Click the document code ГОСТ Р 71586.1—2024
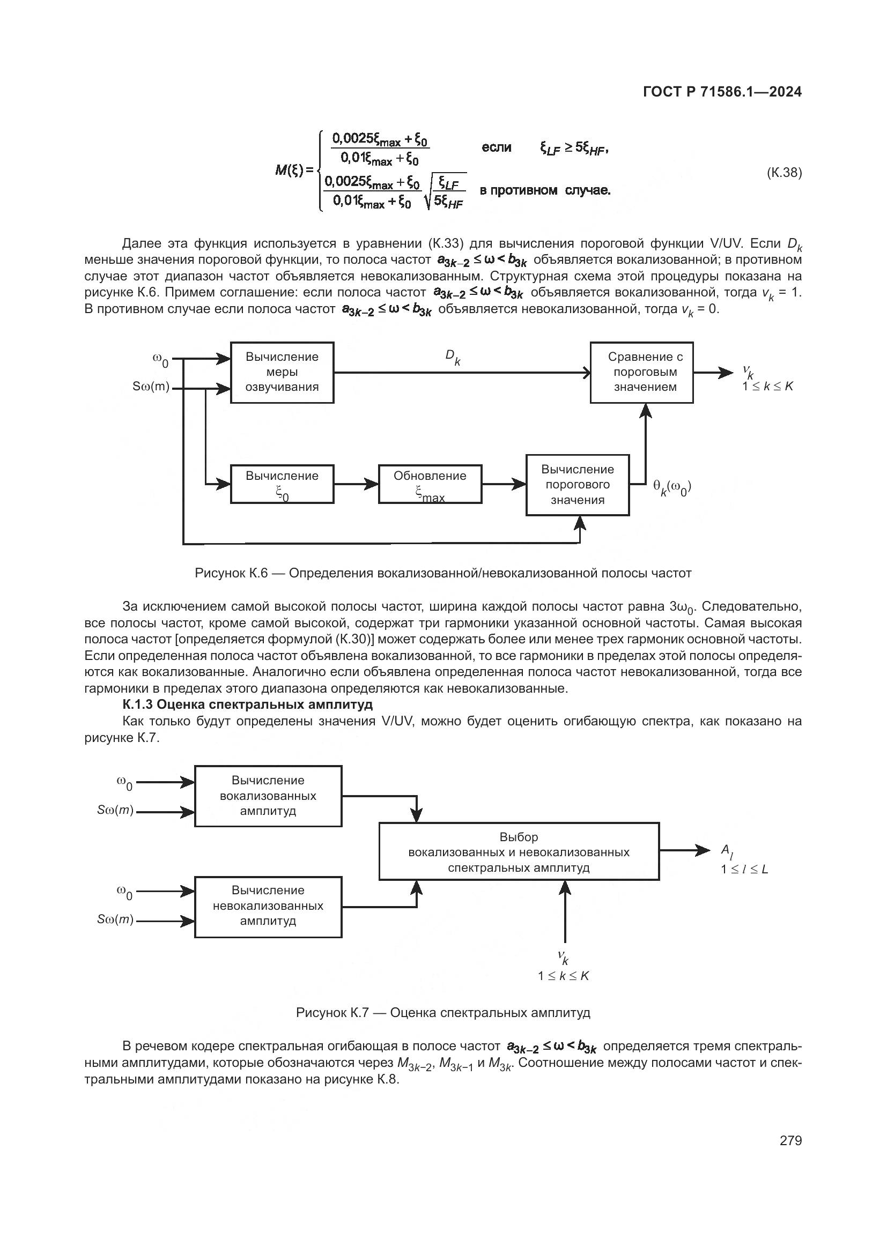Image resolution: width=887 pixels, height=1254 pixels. pyautogui.click(x=722, y=92)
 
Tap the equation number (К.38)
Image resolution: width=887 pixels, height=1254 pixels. pyautogui.click(x=785, y=173)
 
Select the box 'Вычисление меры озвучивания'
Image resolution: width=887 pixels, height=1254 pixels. pyautogui.click(x=282, y=373)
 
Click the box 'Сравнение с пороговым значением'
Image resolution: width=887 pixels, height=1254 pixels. pyautogui.click(x=642, y=373)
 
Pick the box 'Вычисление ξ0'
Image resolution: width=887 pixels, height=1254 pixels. pyautogui.click(x=282, y=484)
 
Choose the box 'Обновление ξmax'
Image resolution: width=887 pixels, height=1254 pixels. pyautogui.click(x=430, y=484)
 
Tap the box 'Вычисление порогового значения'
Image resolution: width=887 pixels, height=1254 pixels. pyautogui.click(x=578, y=485)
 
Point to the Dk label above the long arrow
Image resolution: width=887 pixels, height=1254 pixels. pyautogui.click(x=453, y=357)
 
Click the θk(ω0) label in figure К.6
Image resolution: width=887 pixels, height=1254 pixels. pyautogui.click(x=672, y=487)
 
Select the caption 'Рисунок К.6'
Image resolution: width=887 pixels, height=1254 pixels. pyautogui.click(x=443, y=573)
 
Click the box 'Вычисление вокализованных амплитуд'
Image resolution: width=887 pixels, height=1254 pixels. pyautogui.click(x=268, y=796)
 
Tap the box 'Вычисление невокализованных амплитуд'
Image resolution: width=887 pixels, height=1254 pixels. pyautogui.click(x=268, y=906)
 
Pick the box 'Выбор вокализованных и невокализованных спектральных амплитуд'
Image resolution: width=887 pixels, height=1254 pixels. pyautogui.click(x=519, y=852)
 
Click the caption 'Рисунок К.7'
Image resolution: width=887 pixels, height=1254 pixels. pyautogui.click(x=443, y=1013)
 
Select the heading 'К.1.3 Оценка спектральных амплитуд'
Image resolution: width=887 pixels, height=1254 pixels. pyautogui.click(x=247, y=704)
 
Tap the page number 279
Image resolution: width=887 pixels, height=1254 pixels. pyautogui.click(x=790, y=1140)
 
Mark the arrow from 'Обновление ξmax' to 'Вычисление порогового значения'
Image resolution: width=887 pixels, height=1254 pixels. pyautogui.click(x=504, y=484)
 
